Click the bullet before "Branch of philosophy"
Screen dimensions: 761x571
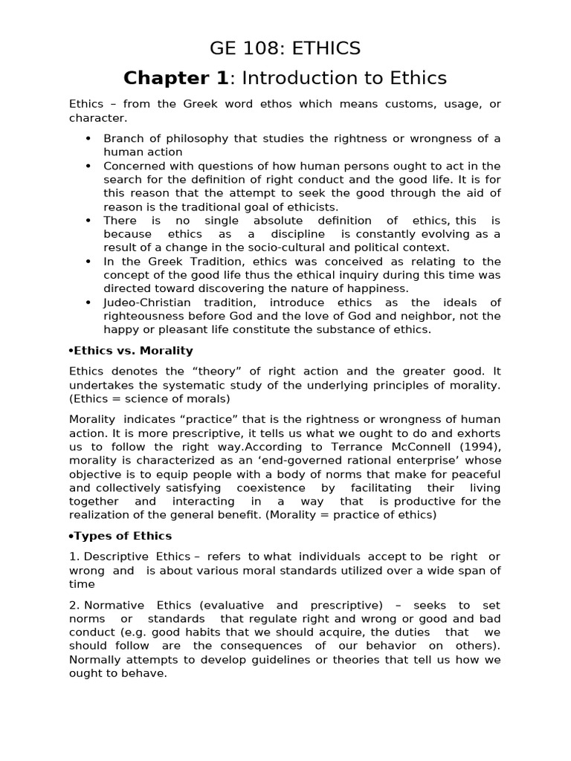pos(88,139)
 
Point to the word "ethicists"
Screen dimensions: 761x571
pos(312,207)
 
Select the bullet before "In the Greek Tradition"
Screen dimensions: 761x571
pos(88,262)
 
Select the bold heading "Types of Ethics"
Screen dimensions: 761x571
pos(122,535)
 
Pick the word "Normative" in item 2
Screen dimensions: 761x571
pos(117,606)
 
